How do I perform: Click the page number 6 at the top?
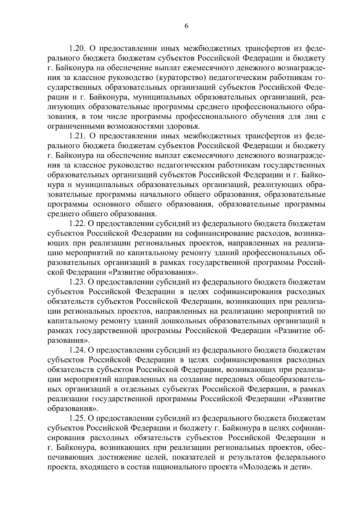point(186,26)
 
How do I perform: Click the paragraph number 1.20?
point(78,48)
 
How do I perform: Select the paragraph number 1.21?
point(78,136)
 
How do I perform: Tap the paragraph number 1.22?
point(78,224)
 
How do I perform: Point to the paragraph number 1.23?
point(78,282)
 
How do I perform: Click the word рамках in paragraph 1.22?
point(173,263)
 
